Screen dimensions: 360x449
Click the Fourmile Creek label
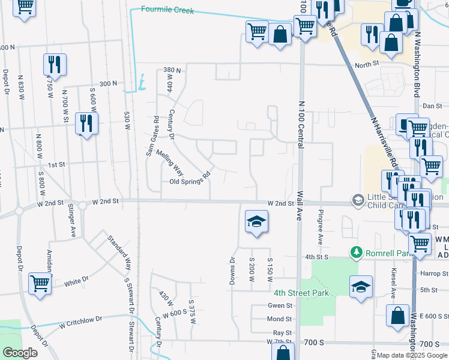point(167,10)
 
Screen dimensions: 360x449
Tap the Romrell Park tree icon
point(357,251)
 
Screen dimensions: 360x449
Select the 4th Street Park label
point(293,293)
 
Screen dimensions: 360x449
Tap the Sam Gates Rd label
point(152,136)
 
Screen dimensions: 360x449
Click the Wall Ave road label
point(298,206)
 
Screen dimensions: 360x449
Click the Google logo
point(20,353)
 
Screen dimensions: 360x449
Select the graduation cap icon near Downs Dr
point(256,222)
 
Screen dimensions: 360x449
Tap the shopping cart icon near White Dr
point(40,283)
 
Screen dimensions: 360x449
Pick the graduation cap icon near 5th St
point(361,286)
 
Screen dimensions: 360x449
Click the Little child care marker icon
point(358,199)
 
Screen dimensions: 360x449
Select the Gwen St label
point(280,305)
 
